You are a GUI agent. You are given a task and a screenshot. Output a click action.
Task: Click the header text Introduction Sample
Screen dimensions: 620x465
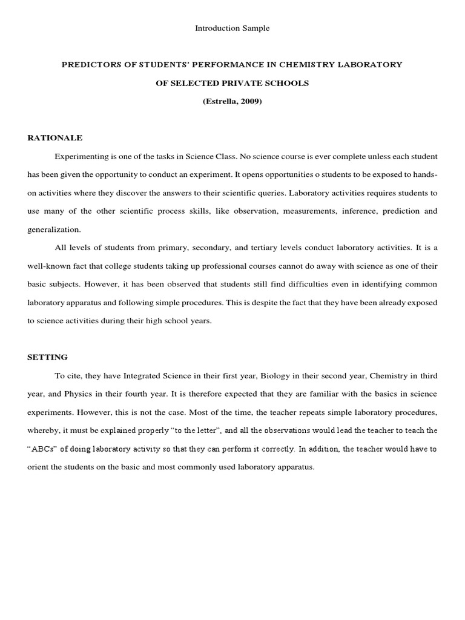(232, 28)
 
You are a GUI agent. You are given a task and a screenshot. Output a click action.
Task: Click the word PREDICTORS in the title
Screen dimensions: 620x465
(86, 65)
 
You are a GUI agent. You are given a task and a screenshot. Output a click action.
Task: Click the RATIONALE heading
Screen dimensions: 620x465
(55, 138)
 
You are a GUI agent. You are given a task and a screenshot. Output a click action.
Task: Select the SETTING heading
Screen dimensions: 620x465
(48, 357)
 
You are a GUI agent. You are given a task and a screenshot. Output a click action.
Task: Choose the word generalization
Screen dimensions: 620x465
(53, 230)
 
